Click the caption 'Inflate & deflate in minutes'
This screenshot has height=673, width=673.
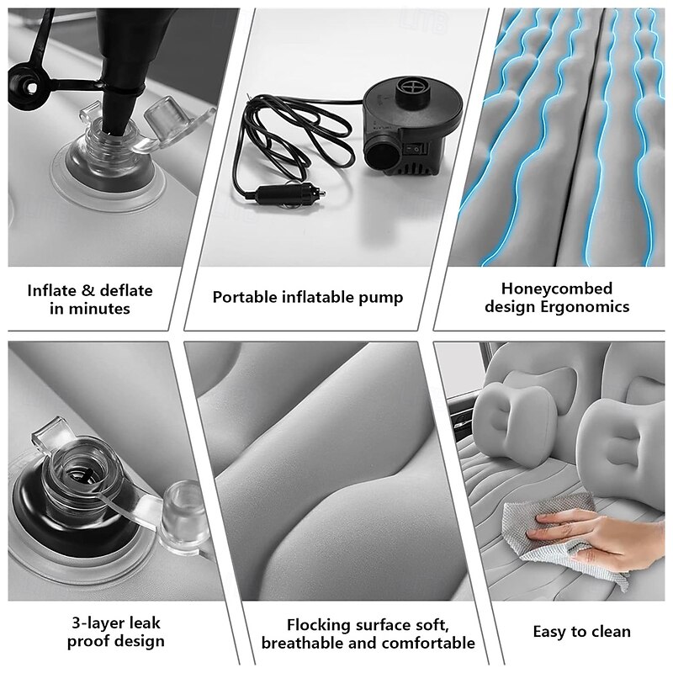pyautogui.click(x=90, y=299)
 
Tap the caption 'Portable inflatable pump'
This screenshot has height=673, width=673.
pyautogui.click(x=307, y=297)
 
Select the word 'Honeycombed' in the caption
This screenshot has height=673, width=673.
pyautogui.click(x=556, y=289)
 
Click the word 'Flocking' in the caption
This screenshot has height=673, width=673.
pyautogui.click(x=317, y=625)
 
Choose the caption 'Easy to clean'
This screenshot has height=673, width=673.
pyautogui.click(x=581, y=631)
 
